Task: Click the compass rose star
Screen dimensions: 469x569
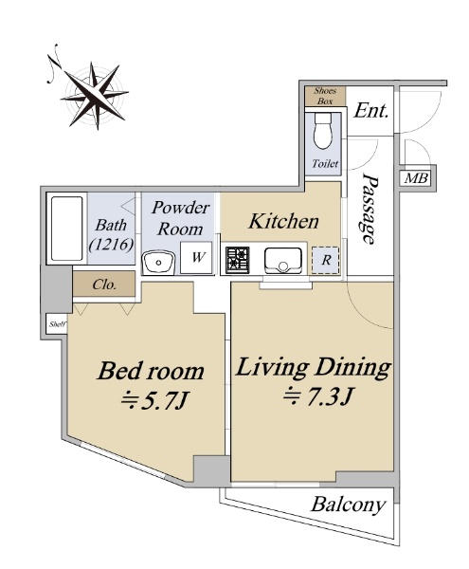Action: click(x=95, y=95)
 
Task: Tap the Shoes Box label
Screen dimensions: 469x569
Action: click(x=325, y=96)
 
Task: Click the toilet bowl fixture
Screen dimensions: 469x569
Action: click(x=323, y=131)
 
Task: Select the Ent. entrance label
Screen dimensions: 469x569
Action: click(x=370, y=111)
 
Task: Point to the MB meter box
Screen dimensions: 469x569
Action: click(x=416, y=178)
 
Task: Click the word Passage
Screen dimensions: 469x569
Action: click(x=370, y=209)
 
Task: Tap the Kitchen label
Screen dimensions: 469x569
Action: click(x=283, y=221)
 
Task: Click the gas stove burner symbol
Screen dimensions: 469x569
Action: click(x=238, y=260)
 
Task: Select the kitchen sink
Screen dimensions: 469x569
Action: click(x=283, y=261)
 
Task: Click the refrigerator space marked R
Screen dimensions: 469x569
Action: click(x=326, y=260)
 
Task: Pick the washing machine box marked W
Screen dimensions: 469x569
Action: click(x=196, y=257)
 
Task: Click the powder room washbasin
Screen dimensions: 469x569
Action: click(x=159, y=263)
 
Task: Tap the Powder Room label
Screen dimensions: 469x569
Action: click(x=181, y=218)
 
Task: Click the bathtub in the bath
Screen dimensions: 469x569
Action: click(x=66, y=229)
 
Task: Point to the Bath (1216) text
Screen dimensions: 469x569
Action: click(x=111, y=235)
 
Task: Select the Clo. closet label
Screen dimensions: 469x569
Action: click(x=104, y=284)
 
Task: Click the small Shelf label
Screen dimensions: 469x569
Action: click(x=57, y=324)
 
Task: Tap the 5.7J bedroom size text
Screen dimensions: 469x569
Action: click(x=153, y=401)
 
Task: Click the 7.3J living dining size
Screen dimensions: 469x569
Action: click(x=317, y=396)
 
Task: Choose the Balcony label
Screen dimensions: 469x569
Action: click(x=348, y=505)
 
